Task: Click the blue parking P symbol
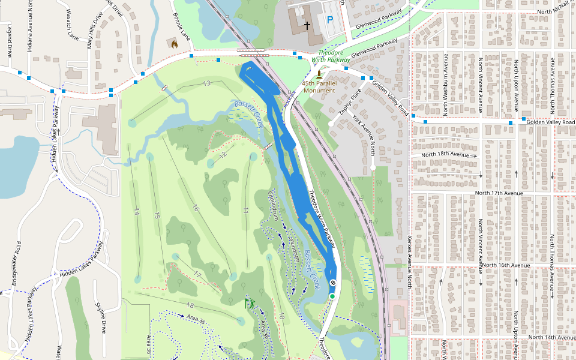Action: [330, 20]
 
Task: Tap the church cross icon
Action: [307, 26]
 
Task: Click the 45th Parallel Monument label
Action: [319, 86]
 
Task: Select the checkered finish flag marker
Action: [332, 283]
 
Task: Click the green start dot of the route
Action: [332, 296]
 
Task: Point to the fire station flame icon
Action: [174, 43]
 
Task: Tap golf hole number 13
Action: [206, 83]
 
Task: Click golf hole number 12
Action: [223, 155]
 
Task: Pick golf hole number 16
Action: [194, 208]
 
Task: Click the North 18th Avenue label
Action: [445, 155]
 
